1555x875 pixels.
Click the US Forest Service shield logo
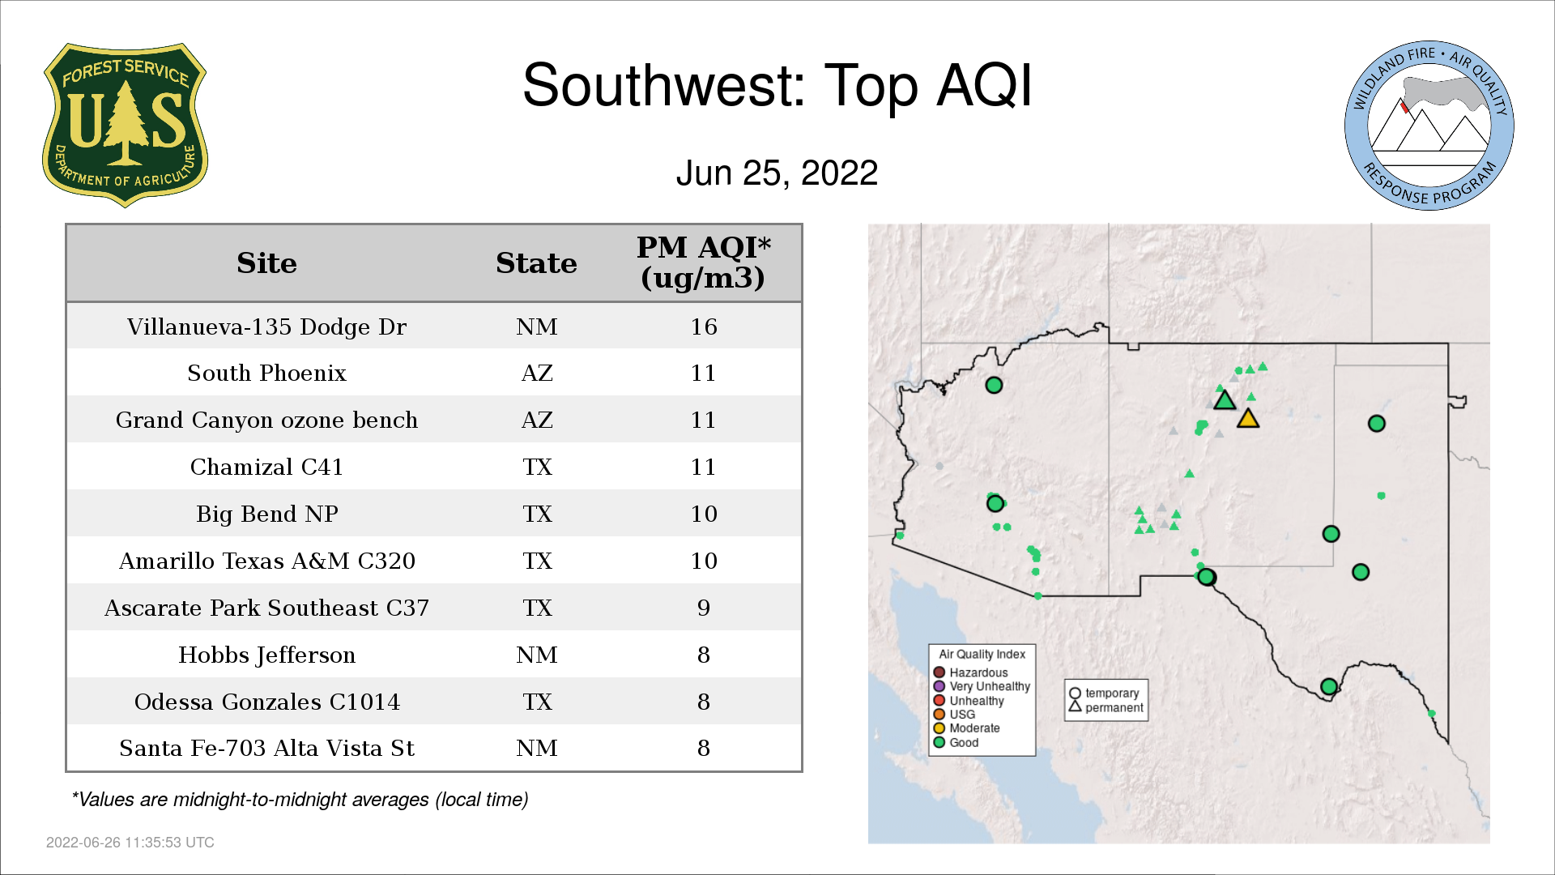point(125,126)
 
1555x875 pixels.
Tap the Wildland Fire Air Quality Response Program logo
point(1429,126)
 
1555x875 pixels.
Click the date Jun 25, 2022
point(777,173)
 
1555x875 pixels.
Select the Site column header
point(266,263)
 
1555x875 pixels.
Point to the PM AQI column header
point(703,262)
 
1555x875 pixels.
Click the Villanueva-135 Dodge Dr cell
point(266,327)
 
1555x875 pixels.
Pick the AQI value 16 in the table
point(703,327)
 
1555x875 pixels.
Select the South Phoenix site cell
point(266,373)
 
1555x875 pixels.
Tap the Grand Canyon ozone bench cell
point(266,420)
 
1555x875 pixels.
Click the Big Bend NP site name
point(266,514)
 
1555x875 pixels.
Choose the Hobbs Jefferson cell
point(266,655)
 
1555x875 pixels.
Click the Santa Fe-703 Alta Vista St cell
point(266,748)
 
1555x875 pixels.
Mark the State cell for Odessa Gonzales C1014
point(537,702)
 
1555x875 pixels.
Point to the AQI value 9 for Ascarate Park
point(703,608)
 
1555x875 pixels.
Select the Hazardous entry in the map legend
point(971,672)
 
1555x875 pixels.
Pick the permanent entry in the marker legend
point(1106,707)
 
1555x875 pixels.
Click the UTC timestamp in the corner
point(130,843)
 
